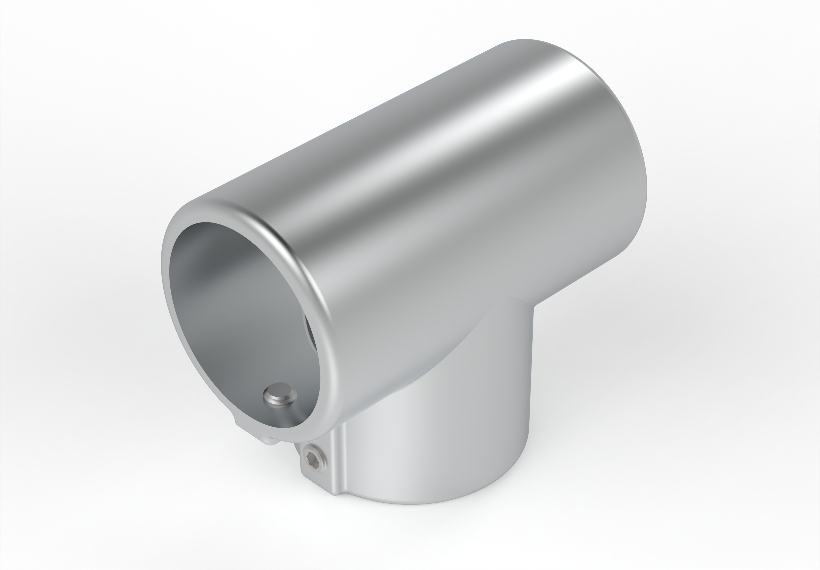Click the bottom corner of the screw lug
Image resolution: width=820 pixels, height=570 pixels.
tap(334, 495)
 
